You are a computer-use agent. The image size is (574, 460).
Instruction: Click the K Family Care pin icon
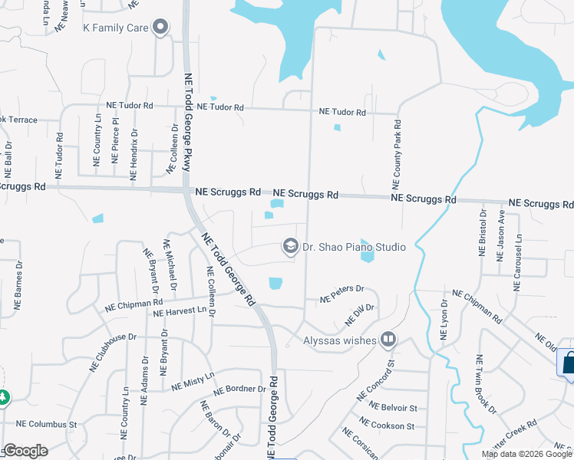(161, 28)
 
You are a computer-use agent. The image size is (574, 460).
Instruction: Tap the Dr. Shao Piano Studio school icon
(290, 246)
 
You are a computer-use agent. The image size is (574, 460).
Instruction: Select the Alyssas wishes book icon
(389, 339)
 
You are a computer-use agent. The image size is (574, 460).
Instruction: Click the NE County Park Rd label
(397, 154)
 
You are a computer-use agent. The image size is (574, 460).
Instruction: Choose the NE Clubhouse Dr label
(112, 350)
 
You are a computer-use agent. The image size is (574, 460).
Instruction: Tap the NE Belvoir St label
(393, 407)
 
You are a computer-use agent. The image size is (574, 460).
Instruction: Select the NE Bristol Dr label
(483, 233)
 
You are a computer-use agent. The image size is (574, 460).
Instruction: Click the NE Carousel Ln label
(518, 263)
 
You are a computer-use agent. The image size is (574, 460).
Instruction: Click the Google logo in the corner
(25, 451)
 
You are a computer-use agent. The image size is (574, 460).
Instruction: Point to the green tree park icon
(3, 398)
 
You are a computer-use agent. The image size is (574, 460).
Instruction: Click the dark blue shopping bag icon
(569, 361)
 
